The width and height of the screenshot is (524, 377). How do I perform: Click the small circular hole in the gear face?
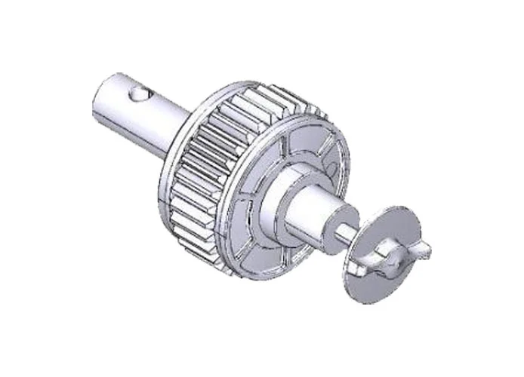[329, 161]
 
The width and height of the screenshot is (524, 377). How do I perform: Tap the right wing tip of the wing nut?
[428, 248]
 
